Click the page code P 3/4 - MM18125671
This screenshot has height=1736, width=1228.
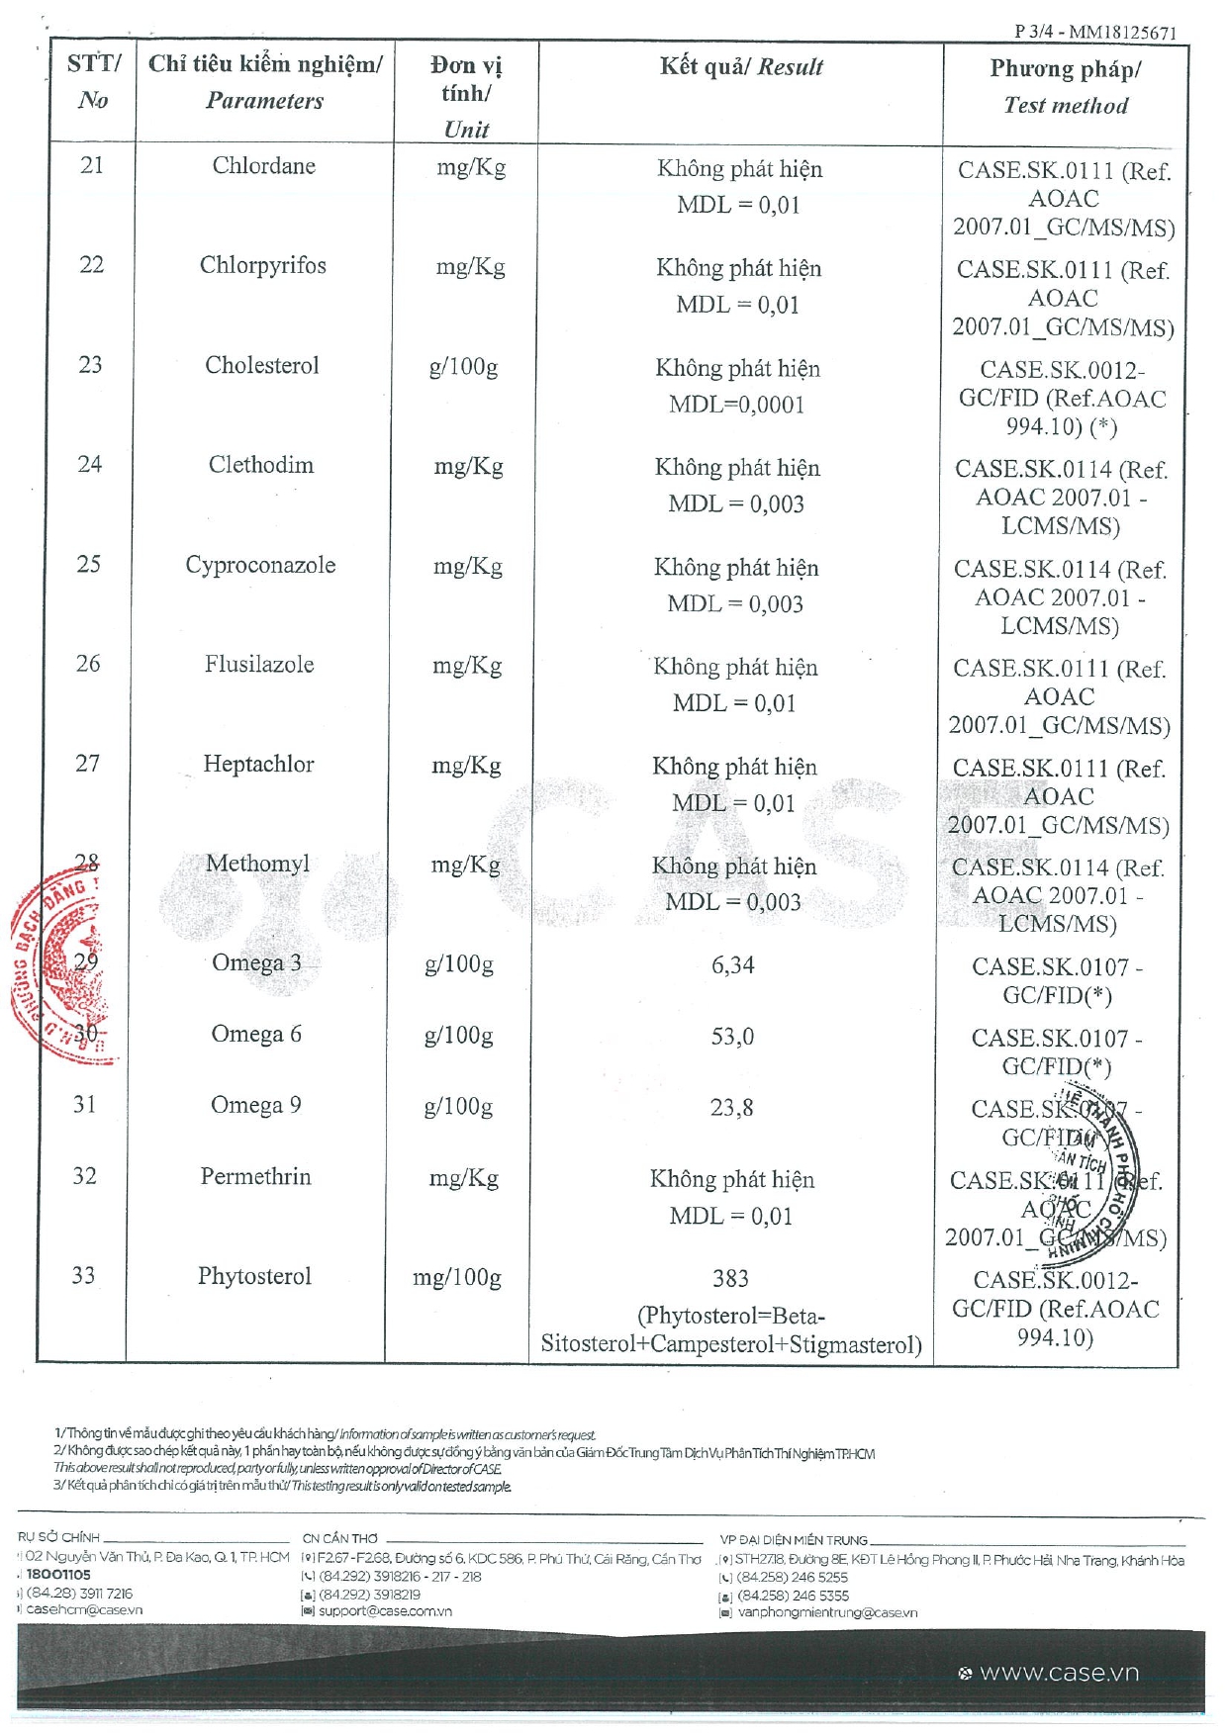tap(1094, 32)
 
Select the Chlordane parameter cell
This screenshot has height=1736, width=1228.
tap(263, 166)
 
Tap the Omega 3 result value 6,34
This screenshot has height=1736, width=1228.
tap(732, 964)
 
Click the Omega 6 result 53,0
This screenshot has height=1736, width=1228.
tap(732, 1037)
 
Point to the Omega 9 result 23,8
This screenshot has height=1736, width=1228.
tap(731, 1108)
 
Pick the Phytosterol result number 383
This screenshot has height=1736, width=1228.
tap(730, 1279)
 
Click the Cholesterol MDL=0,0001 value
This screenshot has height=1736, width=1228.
tap(736, 405)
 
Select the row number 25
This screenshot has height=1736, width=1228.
tap(88, 564)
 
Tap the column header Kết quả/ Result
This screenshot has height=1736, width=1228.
tap(741, 67)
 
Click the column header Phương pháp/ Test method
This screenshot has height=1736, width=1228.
tap(1065, 87)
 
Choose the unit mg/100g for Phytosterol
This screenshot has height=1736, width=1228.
tap(457, 1278)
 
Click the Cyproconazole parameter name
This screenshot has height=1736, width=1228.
tap(260, 565)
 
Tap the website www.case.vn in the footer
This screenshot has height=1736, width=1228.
tap(1058, 1673)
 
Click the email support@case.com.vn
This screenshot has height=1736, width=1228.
tap(384, 1611)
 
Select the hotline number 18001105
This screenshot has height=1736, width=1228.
tap(57, 1575)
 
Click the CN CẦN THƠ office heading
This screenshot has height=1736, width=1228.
tap(339, 1538)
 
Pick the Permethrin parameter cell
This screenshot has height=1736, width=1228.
tap(255, 1176)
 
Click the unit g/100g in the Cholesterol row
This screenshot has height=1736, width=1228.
tap(463, 367)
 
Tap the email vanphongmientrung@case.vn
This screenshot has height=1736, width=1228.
tap(826, 1612)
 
